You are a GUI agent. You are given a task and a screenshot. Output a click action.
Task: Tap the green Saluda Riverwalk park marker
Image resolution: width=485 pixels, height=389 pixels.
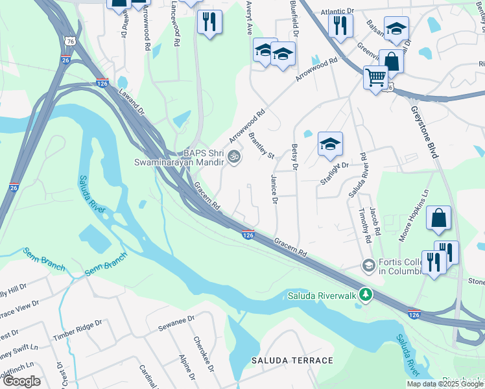pos(366,296)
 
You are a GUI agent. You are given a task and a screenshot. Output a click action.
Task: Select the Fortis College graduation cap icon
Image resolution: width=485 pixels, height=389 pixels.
pos(368,265)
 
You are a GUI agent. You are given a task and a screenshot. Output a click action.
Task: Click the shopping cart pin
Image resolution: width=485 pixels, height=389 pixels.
pos(375,78)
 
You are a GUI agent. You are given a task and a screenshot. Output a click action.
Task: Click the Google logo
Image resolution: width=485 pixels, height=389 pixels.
pos(21,381)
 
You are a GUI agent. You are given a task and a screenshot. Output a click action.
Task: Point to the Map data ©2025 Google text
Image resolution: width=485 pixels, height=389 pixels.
pos(444,384)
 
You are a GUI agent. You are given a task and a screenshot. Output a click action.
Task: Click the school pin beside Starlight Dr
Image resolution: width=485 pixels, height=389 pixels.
pos(330,145)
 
